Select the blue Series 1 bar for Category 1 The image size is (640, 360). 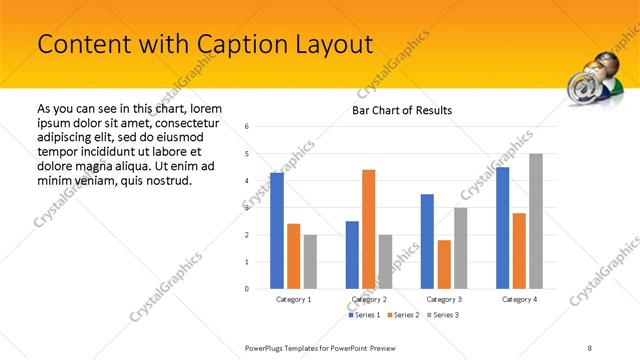[x=277, y=230]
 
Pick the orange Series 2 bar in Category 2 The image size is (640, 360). [x=368, y=229]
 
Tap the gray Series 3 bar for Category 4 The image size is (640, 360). [x=536, y=221]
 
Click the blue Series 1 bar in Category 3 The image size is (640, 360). [x=428, y=241]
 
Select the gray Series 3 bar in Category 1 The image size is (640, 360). [x=310, y=261]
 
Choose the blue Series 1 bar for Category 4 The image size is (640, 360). [x=503, y=227]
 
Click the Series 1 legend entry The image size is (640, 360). [x=364, y=315]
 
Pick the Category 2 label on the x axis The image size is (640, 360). [x=368, y=299]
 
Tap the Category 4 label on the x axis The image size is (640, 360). [x=519, y=299]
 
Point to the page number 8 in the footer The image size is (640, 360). [x=590, y=347]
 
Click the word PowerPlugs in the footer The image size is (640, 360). [x=267, y=347]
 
